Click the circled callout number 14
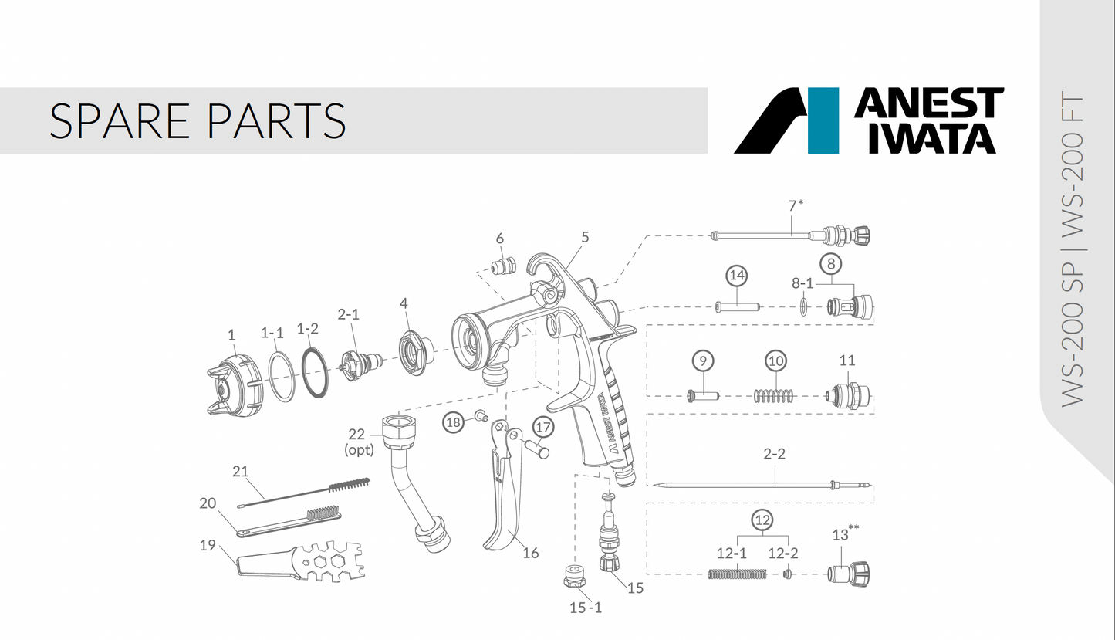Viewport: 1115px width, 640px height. pos(737,275)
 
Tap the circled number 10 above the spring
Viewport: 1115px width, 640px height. pos(775,361)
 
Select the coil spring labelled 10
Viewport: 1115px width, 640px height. pos(773,396)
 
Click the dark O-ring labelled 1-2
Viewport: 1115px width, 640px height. pos(314,374)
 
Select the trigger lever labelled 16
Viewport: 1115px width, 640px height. pos(500,494)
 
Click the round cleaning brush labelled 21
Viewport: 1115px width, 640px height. pos(309,491)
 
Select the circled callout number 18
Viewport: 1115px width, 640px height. pos(454,422)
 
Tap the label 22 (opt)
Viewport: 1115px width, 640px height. pos(358,442)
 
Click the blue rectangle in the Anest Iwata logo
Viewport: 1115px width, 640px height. pos(823,120)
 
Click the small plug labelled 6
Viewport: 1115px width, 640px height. pos(505,266)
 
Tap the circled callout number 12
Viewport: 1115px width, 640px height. pos(762,520)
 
